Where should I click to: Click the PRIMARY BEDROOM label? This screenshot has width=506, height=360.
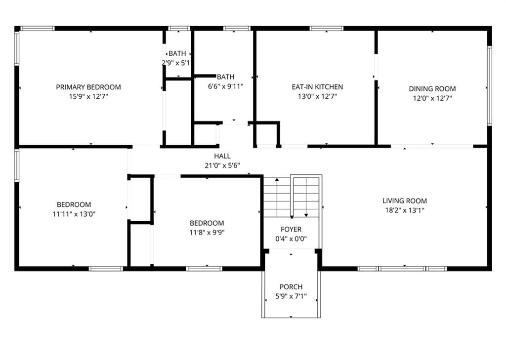[x=88, y=87]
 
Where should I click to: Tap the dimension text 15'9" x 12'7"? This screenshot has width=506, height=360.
[x=88, y=97]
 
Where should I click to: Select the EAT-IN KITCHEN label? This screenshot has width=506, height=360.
[x=317, y=87]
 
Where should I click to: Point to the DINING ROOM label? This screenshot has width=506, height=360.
[x=432, y=89]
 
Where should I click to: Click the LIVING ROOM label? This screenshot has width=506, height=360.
[x=404, y=201]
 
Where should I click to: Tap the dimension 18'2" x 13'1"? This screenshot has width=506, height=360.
[x=404, y=210]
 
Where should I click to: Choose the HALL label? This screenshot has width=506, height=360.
[x=222, y=156]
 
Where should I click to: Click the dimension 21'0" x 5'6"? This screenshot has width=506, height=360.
[x=222, y=165]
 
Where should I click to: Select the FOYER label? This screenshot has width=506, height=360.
[x=291, y=230]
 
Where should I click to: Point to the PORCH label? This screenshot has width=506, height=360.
[x=291, y=287]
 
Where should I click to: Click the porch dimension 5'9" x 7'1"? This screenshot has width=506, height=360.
[x=291, y=296]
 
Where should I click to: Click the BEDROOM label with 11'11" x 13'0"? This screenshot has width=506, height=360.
[x=74, y=204]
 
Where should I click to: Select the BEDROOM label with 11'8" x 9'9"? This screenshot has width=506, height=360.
[x=207, y=223]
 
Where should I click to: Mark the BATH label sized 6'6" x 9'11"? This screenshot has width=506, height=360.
[x=225, y=77]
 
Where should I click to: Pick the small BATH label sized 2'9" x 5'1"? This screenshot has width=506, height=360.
[x=177, y=53]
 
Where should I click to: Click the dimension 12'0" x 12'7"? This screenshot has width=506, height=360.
[x=432, y=98]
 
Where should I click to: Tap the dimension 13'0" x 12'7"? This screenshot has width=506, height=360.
[x=317, y=97]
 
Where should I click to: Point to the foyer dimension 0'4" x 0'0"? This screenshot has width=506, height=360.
[x=291, y=239]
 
